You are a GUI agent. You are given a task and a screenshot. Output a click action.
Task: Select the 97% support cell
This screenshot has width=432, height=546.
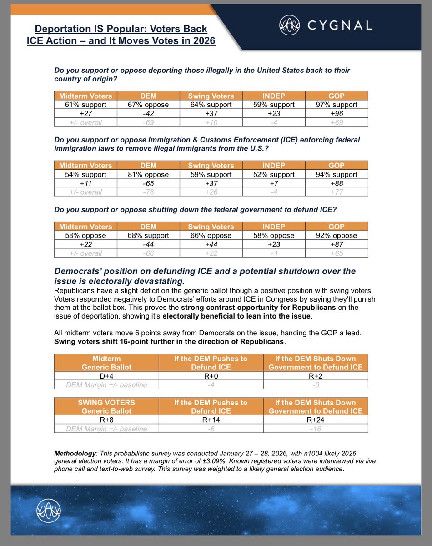coord(337,104)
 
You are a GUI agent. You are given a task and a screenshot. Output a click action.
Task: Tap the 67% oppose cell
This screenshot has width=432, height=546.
coord(148,104)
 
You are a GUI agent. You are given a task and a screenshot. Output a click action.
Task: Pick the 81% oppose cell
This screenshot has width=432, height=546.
coord(148,174)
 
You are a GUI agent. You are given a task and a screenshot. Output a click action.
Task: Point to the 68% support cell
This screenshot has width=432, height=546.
coord(148,235)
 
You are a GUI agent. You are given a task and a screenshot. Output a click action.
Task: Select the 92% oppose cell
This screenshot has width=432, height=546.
coord(337,235)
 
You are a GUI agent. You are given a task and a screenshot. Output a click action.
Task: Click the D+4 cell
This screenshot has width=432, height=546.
coord(106,376)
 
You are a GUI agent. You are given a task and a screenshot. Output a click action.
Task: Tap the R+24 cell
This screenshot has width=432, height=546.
coord(316,420)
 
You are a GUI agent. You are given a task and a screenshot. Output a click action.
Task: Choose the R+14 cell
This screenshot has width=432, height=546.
coord(211,420)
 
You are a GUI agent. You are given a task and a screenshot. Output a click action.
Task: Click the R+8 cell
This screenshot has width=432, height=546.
coord(106,420)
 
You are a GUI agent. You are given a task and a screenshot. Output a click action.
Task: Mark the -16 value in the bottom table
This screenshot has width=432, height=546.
coord(316,429)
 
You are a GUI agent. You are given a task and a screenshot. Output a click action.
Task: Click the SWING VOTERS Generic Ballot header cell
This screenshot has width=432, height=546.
coord(106,407)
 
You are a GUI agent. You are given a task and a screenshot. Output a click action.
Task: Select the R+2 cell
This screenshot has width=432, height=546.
coord(316,376)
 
